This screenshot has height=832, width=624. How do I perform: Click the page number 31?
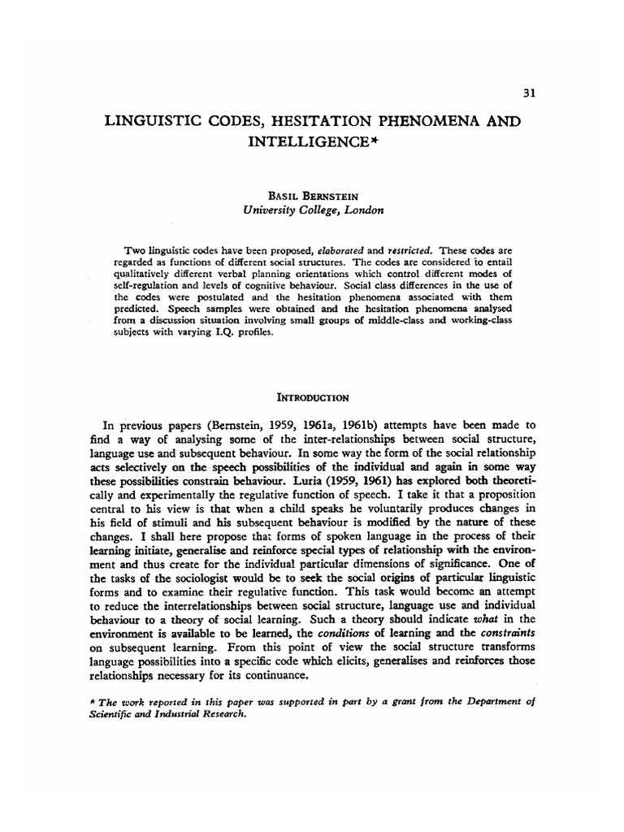(x=528, y=93)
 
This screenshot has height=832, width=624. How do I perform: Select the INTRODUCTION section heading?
(x=313, y=397)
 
